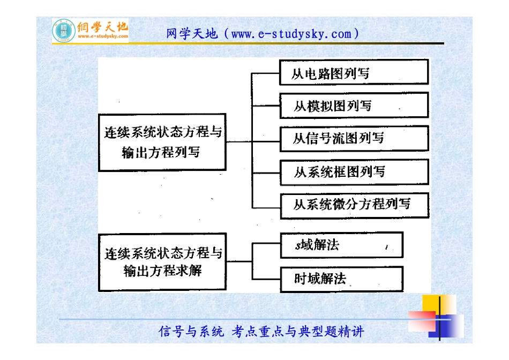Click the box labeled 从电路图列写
pyautogui.click(x=354, y=72)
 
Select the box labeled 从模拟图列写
pyautogui.click(x=354, y=105)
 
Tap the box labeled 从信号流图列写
pyautogui.click(x=354, y=139)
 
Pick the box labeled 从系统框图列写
pyautogui.click(x=354, y=172)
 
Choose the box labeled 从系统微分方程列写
pyautogui.click(x=354, y=205)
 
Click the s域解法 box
pyautogui.click(x=341, y=245)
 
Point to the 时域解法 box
pyautogui.click(x=341, y=279)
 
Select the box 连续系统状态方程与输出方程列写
pyautogui.click(x=162, y=142)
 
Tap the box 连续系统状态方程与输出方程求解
pyautogui.click(x=162, y=262)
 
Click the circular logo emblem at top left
pyautogui.click(x=64, y=31)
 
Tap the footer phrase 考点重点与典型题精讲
pyautogui.click(x=298, y=332)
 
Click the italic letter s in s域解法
pyautogui.click(x=298, y=246)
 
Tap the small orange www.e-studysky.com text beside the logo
pyautogui.click(x=103, y=37)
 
